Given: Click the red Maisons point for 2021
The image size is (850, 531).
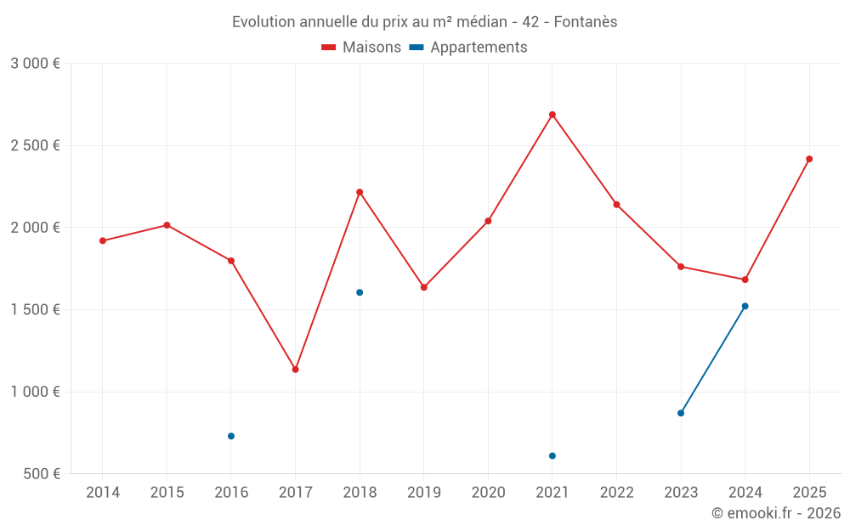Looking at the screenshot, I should tap(552, 115).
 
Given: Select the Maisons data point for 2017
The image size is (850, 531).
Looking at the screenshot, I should tap(295, 370).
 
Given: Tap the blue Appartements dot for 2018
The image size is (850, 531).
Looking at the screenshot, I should tap(360, 292).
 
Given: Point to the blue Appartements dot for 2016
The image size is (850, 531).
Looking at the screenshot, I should tap(231, 436).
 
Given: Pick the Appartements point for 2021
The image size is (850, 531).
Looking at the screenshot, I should tap(552, 456).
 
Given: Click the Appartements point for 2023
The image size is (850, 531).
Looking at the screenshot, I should tap(681, 413).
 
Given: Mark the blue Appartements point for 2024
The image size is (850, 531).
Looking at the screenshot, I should tap(745, 306).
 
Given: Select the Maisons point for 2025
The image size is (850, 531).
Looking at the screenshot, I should tap(809, 159).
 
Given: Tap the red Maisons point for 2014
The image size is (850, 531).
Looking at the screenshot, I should tap(103, 240).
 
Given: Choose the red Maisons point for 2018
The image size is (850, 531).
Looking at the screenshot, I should tap(360, 192).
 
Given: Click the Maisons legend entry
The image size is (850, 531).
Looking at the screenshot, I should tap(361, 48).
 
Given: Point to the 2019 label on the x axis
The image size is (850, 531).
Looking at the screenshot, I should tap(424, 492).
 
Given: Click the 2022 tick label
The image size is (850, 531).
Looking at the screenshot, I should tap(616, 492).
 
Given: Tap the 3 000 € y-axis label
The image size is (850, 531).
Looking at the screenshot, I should tap(35, 63).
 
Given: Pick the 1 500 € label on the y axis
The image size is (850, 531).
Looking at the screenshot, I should tap(35, 309).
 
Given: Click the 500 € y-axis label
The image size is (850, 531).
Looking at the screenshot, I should tap(41, 473).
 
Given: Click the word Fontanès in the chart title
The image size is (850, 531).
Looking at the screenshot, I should tap(586, 21).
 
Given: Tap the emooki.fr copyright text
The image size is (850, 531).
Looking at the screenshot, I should tap(776, 513).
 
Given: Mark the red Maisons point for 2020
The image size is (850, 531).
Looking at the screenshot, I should tap(488, 221).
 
